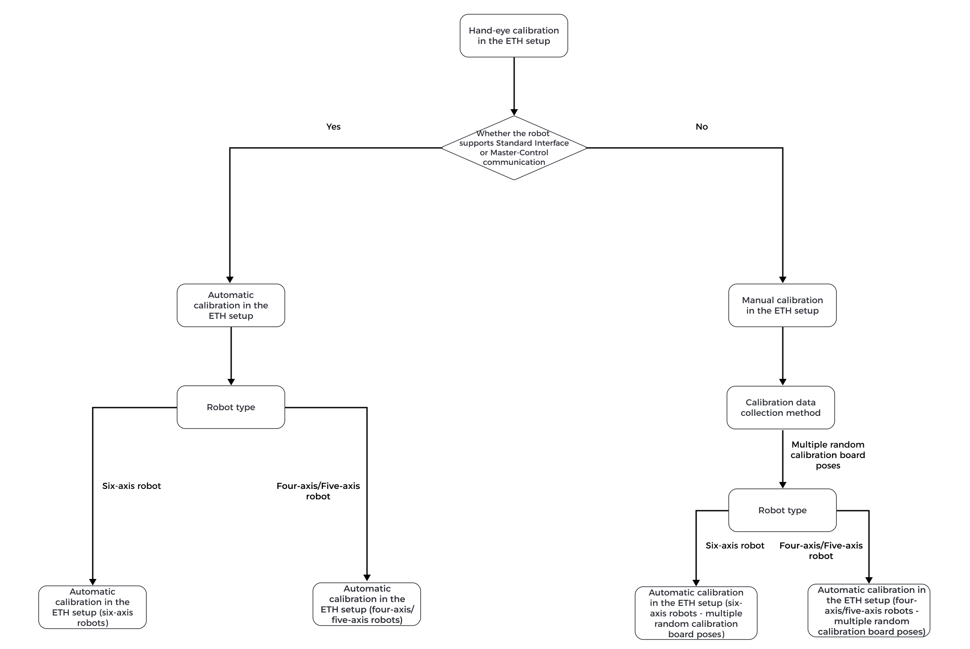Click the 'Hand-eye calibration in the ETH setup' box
(x=514, y=36)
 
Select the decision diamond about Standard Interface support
(x=514, y=148)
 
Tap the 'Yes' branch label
(x=333, y=127)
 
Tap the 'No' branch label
(x=701, y=127)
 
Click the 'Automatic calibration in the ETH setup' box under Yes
(x=231, y=305)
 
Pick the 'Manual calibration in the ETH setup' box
(x=782, y=305)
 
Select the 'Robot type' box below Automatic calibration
(x=231, y=407)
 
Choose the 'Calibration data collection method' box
(x=781, y=408)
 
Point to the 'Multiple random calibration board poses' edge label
(x=828, y=455)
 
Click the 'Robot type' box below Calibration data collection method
(x=782, y=510)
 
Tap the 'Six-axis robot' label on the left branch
(x=131, y=486)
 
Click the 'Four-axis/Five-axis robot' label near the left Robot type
(x=318, y=491)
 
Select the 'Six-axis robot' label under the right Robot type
(x=735, y=545)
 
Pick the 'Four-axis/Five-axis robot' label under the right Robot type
(x=821, y=551)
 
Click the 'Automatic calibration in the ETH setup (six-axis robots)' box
(x=92, y=607)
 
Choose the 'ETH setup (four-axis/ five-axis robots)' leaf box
(x=367, y=604)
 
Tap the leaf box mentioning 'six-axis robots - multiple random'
(x=696, y=613)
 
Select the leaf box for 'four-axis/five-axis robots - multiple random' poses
(x=869, y=611)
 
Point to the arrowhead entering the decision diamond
(x=514, y=112)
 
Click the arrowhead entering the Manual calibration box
(x=782, y=280)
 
